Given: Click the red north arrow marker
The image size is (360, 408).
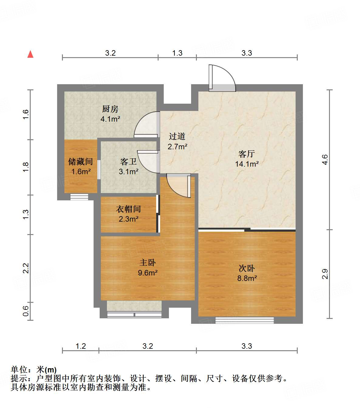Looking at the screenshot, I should pos(30,54).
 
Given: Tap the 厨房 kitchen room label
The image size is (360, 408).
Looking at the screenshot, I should pos(110,109).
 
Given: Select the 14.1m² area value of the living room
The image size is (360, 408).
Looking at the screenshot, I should pos(247,164).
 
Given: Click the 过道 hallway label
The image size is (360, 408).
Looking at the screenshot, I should pos(177,137).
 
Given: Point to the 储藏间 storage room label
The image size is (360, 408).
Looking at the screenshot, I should pos(81,161).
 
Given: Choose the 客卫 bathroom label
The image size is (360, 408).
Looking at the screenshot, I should pos(129,161).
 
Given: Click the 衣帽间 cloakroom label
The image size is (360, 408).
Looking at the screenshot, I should pos(129,209).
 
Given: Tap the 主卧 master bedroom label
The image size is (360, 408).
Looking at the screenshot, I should pos(148,262).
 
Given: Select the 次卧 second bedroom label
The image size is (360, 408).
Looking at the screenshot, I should pos(247,268).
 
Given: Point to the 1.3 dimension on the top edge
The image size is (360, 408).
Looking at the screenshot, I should pos(177,53).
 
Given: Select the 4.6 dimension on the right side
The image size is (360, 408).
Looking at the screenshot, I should pos(325,160).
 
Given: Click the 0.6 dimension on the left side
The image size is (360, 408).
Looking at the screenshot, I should pos(26,311).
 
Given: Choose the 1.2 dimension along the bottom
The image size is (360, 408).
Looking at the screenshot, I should pos(81,346).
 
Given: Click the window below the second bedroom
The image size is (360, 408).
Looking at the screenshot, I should pos(245,320).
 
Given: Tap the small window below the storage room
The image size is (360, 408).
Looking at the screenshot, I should pos(79,197).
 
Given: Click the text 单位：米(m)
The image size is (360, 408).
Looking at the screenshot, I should pos(34,370).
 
